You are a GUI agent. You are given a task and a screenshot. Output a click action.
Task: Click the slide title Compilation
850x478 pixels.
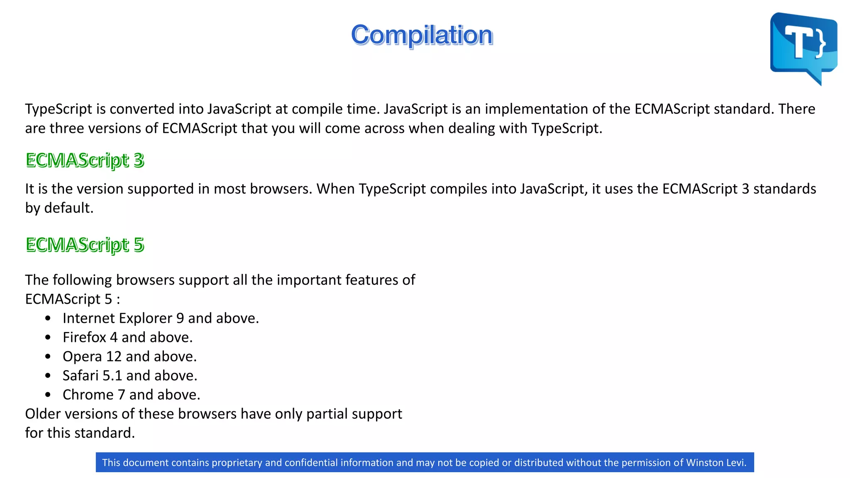(x=422, y=35)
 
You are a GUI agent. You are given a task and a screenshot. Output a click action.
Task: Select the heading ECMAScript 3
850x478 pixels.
(x=85, y=160)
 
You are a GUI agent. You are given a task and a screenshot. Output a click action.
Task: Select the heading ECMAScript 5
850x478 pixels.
(x=85, y=245)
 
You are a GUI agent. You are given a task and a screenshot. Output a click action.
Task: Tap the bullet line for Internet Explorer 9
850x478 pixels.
(x=161, y=318)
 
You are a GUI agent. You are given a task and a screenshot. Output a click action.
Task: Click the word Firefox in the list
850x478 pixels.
(x=84, y=337)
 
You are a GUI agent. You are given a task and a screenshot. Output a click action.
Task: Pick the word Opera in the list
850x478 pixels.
(x=82, y=356)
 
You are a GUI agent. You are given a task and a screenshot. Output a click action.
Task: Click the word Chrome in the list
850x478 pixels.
(x=88, y=395)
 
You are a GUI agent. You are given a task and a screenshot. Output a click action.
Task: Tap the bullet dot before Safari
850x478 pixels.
(x=48, y=376)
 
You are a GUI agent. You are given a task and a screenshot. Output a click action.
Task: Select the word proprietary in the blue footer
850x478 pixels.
(x=237, y=463)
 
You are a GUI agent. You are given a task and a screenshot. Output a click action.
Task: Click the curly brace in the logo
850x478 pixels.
(x=821, y=43)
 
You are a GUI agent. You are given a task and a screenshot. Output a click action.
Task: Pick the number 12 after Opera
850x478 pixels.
(x=114, y=356)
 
